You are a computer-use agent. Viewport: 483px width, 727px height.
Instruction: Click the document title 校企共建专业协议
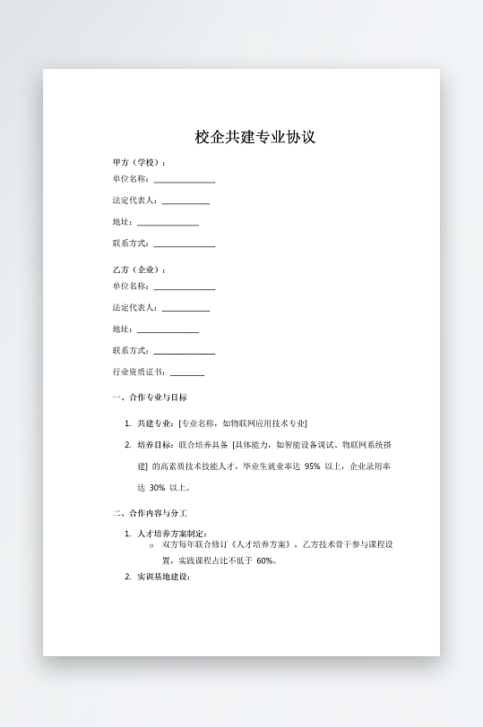255,137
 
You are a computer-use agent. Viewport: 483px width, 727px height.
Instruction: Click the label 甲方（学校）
138,163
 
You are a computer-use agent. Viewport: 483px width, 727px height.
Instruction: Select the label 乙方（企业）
138,269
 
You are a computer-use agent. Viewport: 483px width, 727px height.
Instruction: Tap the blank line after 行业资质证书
186,373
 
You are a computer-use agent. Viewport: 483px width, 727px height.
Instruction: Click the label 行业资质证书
138,372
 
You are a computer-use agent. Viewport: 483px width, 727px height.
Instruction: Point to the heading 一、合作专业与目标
150,398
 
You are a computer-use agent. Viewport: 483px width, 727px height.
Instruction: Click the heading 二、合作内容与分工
150,513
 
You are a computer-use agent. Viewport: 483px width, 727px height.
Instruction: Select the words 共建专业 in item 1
154,423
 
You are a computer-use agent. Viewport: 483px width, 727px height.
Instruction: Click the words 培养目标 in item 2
154,444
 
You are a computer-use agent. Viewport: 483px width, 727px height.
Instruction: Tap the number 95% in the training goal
313,466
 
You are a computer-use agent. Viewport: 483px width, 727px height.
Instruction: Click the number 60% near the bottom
265,561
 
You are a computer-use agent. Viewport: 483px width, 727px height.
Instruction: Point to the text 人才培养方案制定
171,534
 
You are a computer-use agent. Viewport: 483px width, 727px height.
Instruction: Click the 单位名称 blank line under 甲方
184,181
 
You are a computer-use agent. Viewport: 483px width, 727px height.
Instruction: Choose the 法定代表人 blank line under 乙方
185,310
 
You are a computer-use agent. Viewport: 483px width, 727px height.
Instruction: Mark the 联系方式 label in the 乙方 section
130,351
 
